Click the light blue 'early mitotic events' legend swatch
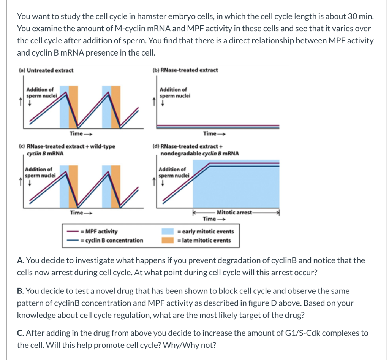coord(168,231)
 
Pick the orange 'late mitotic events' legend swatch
coord(168,240)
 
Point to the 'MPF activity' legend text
coord(101,231)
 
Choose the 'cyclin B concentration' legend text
coord(114,240)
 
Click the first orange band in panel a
coord(73,106)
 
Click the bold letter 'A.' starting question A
coord(21,261)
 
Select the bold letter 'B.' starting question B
coord(21,291)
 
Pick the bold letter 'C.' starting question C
coord(21,333)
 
